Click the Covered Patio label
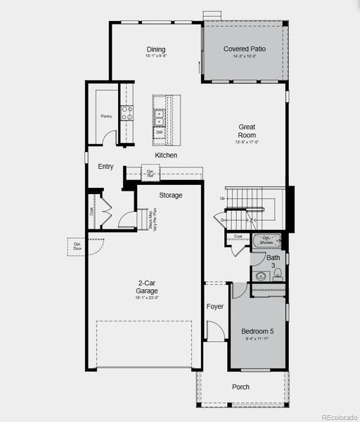click(x=245, y=49)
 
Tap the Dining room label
click(x=156, y=49)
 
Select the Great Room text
click(x=247, y=131)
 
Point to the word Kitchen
click(x=166, y=155)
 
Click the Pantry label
click(x=106, y=116)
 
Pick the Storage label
click(x=170, y=195)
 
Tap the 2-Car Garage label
click(x=147, y=287)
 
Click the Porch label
click(x=241, y=387)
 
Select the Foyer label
click(x=214, y=307)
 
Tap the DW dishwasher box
click(x=160, y=132)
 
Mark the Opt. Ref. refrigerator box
click(x=151, y=173)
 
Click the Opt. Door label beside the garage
click(x=76, y=247)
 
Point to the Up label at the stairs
click(x=223, y=198)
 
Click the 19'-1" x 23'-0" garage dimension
click(x=147, y=298)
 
